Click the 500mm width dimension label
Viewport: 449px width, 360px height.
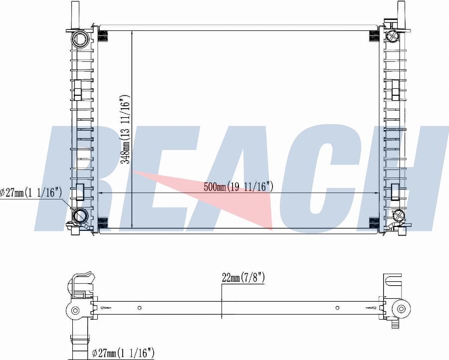[238, 187]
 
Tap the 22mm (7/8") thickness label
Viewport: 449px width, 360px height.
[243, 278]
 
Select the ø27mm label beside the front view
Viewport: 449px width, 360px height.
[30, 193]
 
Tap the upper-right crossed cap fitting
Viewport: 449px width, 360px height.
[392, 35]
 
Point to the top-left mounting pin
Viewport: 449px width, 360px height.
[75, 15]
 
